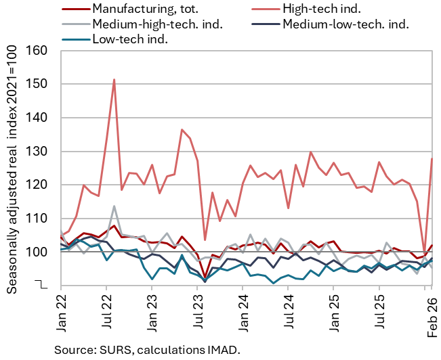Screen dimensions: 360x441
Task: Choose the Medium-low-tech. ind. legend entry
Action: coord(345,24)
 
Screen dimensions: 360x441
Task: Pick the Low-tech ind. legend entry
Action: coord(129,39)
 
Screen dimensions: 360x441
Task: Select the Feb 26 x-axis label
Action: coord(431,311)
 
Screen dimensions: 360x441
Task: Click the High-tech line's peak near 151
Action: coord(114,80)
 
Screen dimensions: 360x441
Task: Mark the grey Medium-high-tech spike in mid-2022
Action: coord(114,206)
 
